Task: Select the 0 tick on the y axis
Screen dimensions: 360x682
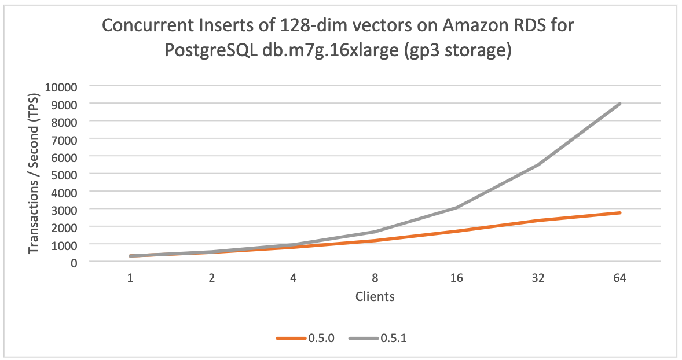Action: [75, 262]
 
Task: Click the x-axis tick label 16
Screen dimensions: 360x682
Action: [457, 278]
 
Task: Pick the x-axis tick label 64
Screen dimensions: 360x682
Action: [619, 278]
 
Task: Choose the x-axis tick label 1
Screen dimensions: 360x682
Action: [131, 278]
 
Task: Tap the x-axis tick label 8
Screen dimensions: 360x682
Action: [375, 278]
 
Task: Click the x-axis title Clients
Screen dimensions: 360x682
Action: [375, 297]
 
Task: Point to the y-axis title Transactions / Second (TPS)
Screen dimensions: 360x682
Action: [34, 173]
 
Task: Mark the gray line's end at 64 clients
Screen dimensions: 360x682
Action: [620, 104]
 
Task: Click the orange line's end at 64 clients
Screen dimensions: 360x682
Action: [620, 213]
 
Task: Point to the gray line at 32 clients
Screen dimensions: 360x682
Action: [538, 164]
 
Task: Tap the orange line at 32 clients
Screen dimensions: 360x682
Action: [538, 221]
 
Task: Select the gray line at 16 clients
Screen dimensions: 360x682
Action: [457, 207]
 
